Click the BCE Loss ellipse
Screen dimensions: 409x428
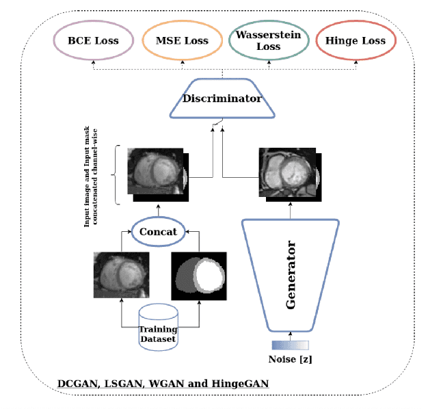click(93, 40)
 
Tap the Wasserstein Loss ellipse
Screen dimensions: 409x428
click(268, 40)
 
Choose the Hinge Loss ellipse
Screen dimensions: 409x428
click(355, 40)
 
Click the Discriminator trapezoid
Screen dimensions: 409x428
click(223, 99)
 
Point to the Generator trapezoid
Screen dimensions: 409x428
click(291, 274)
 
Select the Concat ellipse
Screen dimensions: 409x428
click(158, 232)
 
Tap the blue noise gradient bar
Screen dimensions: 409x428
click(291, 345)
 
